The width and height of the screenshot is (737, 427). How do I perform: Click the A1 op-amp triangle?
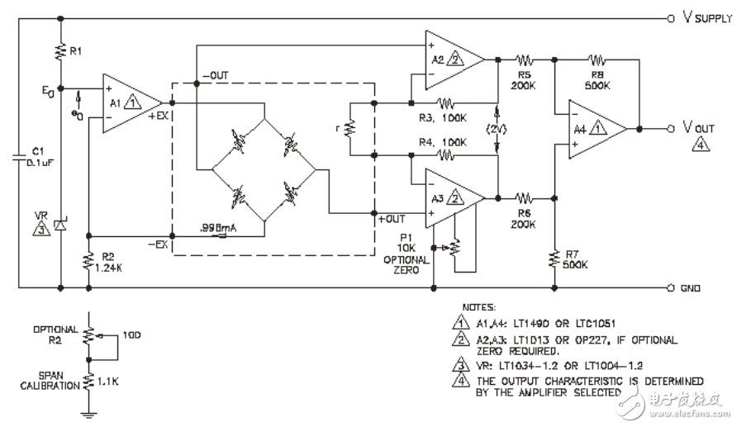pyautogui.click(x=121, y=104)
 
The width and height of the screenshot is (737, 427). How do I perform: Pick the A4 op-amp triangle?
pyautogui.click(x=594, y=128)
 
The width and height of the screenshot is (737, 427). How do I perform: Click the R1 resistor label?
pyautogui.click(x=75, y=52)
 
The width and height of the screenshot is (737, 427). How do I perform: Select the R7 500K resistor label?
pyautogui.click(x=575, y=260)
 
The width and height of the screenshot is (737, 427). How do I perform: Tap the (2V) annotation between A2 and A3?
pyautogui.click(x=497, y=130)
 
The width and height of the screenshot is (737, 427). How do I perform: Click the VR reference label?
pyautogui.click(x=41, y=217)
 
